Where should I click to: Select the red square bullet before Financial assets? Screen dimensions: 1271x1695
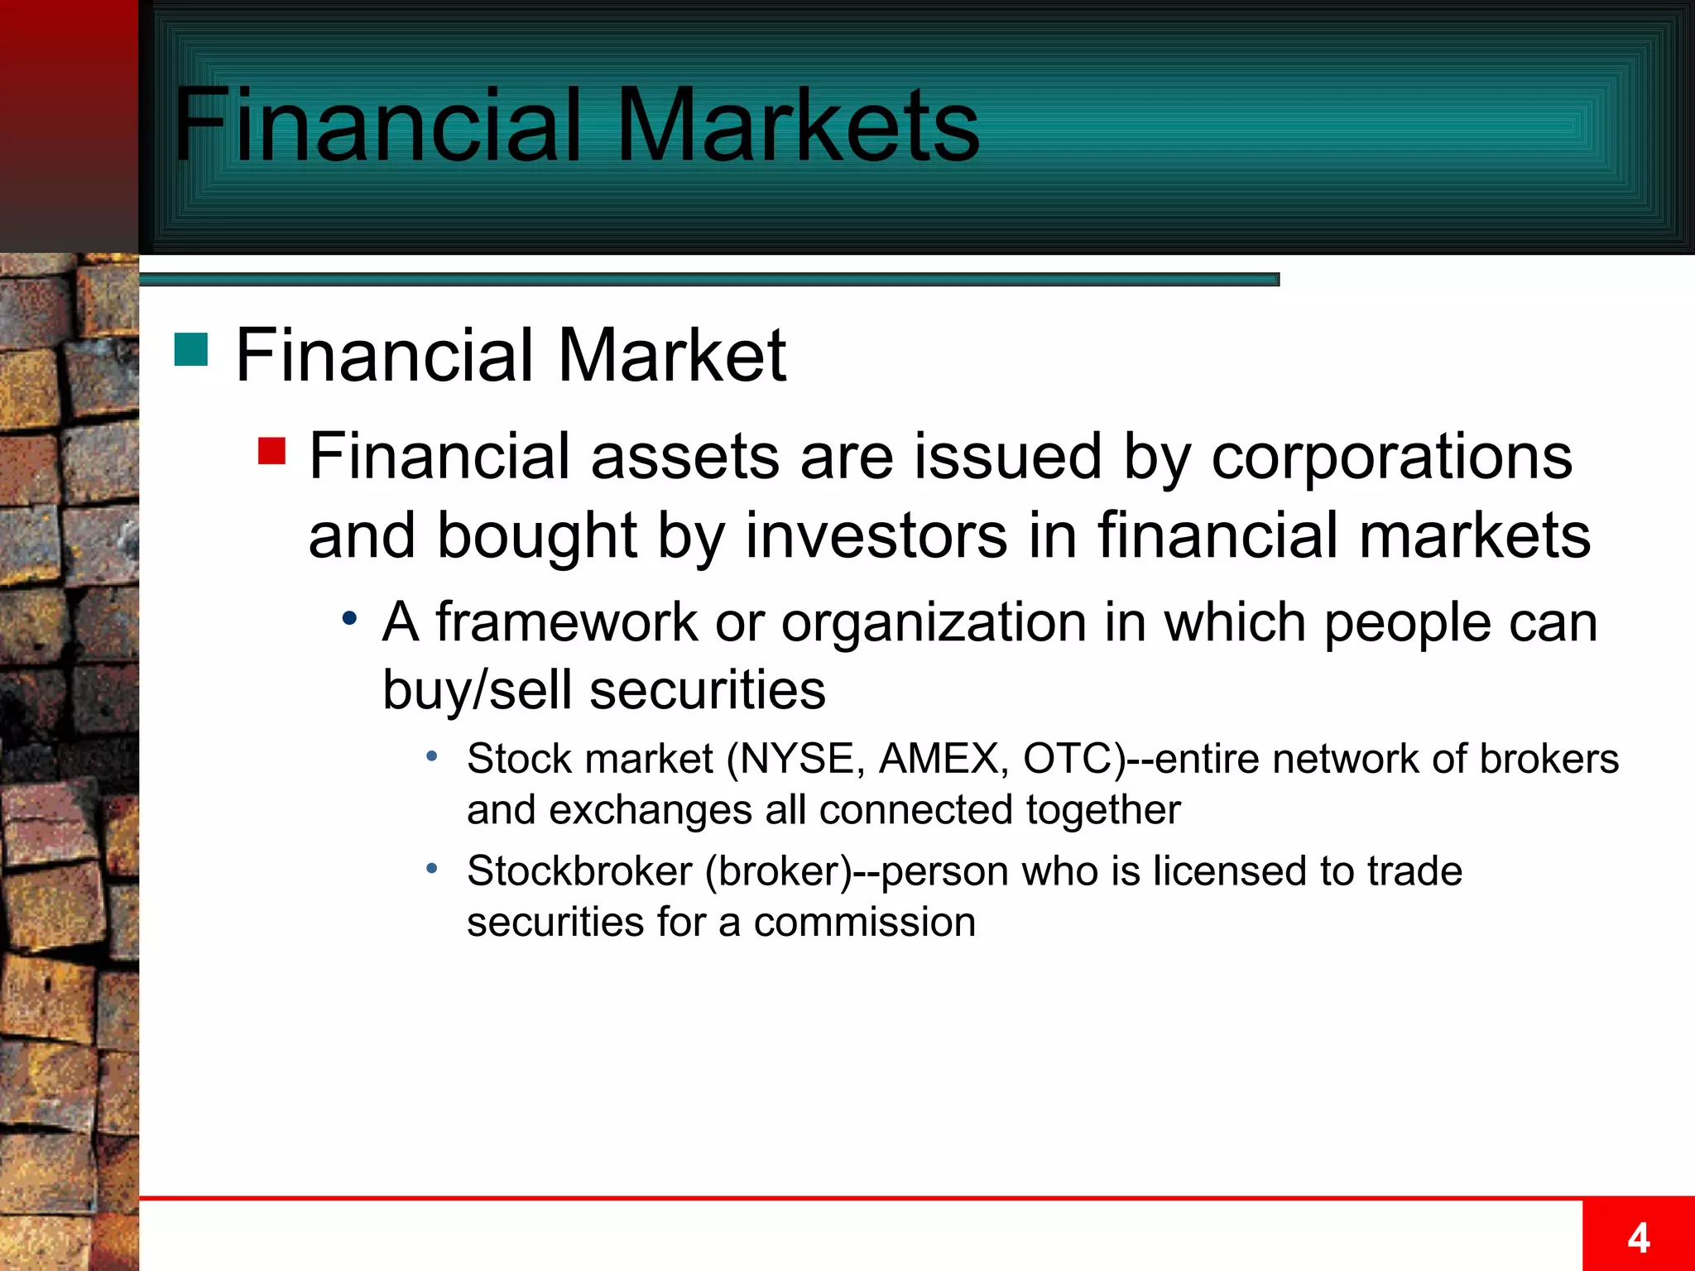[x=271, y=451]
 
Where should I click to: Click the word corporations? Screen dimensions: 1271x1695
[x=1391, y=458]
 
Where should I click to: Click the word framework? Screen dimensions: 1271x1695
[x=566, y=622]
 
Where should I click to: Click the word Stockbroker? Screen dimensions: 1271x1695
[x=579, y=871]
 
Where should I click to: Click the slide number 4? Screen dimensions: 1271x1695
[x=1638, y=1238]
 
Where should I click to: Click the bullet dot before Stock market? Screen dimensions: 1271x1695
[x=431, y=756]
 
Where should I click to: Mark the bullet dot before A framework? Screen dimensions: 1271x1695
[x=351, y=618]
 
